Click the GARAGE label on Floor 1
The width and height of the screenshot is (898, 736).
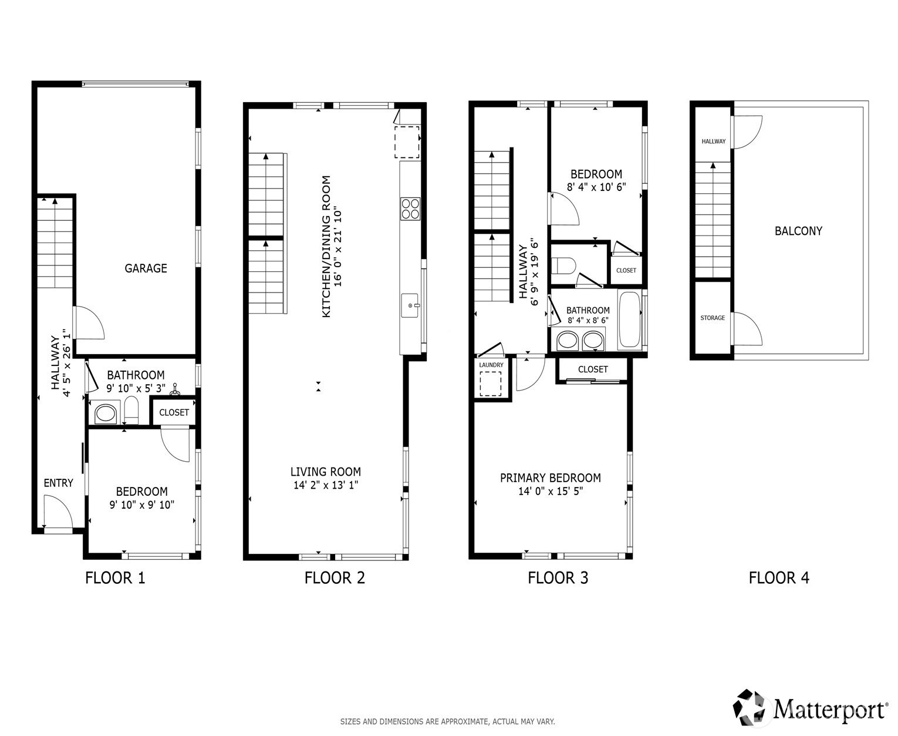click(x=146, y=268)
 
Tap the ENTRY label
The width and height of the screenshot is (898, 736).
click(x=58, y=483)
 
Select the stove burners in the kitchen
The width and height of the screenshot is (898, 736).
click(x=410, y=209)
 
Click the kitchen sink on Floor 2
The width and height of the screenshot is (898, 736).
click(x=410, y=305)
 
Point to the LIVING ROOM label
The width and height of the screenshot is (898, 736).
click(x=326, y=472)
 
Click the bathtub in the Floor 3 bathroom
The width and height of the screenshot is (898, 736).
click(x=629, y=320)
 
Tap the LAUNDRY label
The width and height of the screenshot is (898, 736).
click(x=491, y=365)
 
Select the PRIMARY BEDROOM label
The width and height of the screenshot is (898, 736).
click(x=551, y=478)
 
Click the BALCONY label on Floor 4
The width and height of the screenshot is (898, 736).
click(x=798, y=231)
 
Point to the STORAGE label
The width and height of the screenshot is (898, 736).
click(x=713, y=318)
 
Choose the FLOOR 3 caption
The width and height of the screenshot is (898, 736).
click(x=558, y=578)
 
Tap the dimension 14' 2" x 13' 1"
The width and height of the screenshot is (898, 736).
click(x=326, y=485)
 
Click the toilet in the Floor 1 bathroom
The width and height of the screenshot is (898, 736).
click(x=131, y=410)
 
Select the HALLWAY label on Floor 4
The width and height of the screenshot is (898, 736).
click(x=714, y=142)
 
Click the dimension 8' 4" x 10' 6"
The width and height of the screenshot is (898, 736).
click(x=596, y=187)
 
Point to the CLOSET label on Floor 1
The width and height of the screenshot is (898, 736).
click(x=174, y=412)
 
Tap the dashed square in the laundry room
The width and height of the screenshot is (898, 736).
click(x=491, y=384)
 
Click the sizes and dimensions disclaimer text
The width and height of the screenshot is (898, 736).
click(x=447, y=721)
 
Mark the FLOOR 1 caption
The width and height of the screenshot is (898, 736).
click(x=115, y=578)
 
